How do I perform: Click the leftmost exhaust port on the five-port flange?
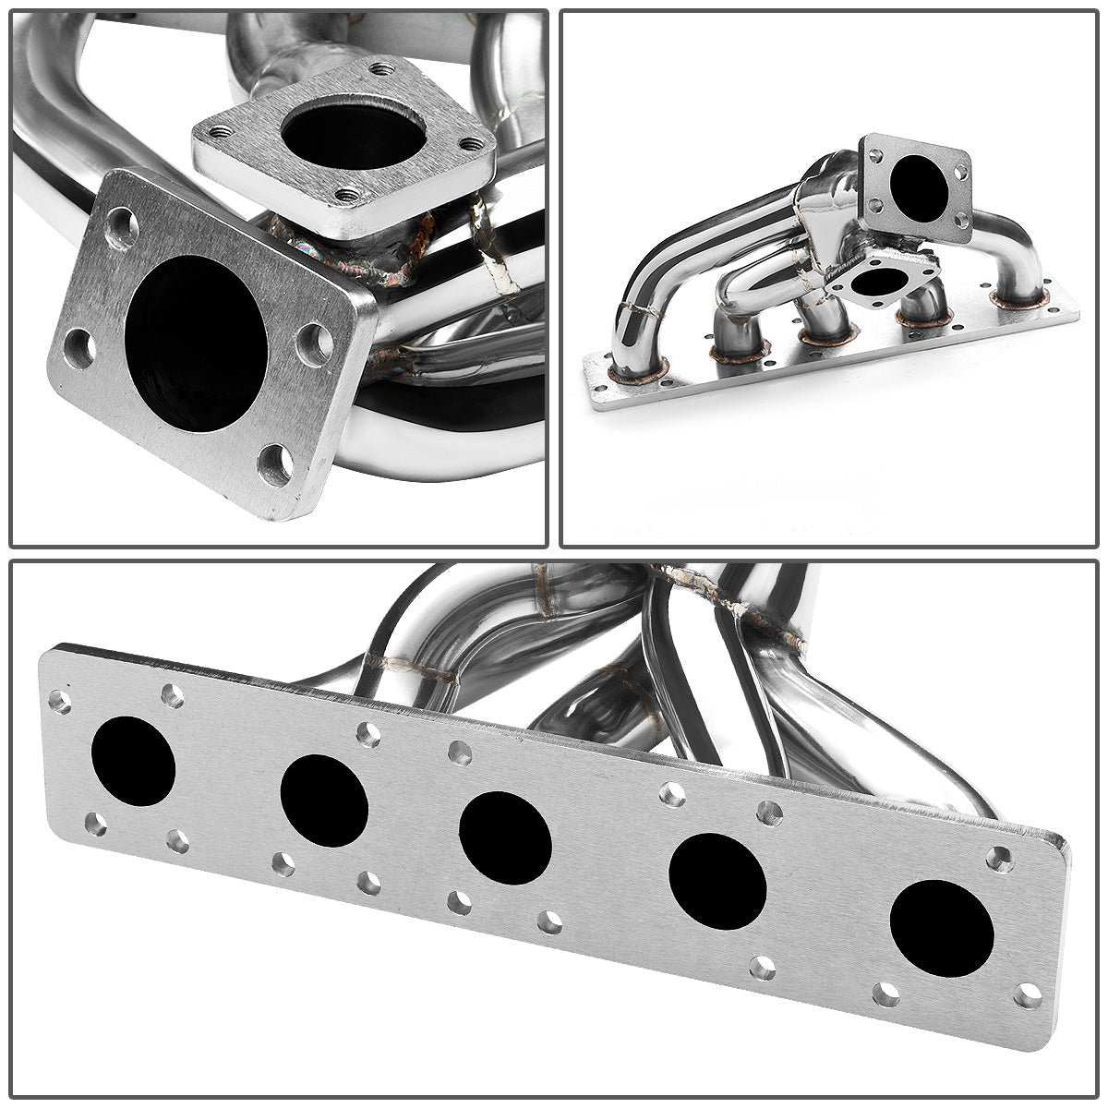133,761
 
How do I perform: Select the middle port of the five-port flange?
504,838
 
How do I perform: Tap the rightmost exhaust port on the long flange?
942,929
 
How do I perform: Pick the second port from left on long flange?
323,801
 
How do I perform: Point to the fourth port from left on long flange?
717,882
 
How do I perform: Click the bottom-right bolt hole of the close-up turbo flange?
274,464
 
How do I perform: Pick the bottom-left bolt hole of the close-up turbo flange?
79,348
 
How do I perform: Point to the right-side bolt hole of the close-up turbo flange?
314,343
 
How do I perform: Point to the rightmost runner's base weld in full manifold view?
1020,297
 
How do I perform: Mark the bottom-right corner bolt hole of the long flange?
1027,995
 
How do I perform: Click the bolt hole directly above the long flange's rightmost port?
998,860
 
